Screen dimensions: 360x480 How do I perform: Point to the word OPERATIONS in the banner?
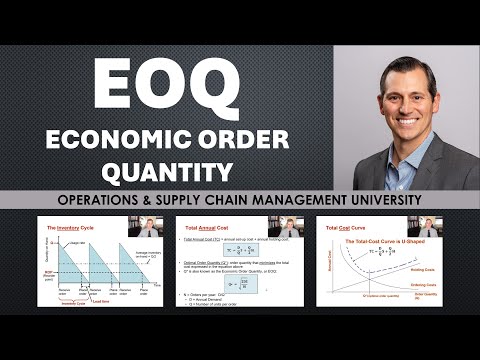(x=100, y=200)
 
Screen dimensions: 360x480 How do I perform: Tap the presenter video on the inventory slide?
(x=149, y=227)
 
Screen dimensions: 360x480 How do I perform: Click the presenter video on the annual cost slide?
(x=288, y=227)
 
